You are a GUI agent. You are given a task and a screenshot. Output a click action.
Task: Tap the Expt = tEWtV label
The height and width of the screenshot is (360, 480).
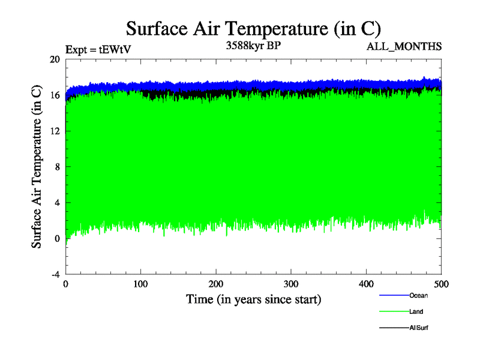click(x=97, y=50)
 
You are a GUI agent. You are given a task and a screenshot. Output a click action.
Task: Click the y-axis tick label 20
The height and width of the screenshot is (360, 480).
click(x=55, y=59)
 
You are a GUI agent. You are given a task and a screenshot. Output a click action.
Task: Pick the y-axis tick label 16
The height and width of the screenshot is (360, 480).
click(x=55, y=95)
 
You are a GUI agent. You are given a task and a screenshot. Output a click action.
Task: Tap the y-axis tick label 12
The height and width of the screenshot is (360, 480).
click(x=55, y=131)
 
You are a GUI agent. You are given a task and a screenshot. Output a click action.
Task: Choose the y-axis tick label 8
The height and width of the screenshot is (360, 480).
click(x=57, y=167)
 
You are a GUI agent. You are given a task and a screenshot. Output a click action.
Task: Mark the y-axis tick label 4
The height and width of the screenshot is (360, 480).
click(x=57, y=203)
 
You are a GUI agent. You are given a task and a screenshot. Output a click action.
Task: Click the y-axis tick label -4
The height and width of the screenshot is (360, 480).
click(x=55, y=274)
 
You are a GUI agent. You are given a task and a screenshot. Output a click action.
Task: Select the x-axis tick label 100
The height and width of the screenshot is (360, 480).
click(x=141, y=284)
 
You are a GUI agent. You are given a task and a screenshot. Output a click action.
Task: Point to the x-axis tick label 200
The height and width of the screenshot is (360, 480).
click(x=216, y=284)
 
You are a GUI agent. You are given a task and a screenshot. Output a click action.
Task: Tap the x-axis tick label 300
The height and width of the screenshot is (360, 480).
click(x=291, y=284)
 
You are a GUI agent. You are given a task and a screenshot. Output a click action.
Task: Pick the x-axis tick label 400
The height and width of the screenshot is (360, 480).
click(x=366, y=284)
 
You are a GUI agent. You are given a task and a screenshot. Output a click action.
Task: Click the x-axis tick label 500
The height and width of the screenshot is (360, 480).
click(x=441, y=284)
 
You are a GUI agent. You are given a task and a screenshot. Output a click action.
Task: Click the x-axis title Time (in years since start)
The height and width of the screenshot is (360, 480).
click(x=253, y=299)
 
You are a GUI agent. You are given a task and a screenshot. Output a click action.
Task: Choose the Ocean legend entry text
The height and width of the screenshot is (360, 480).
click(x=418, y=295)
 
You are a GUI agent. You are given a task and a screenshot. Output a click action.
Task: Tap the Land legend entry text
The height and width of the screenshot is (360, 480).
click(x=416, y=311)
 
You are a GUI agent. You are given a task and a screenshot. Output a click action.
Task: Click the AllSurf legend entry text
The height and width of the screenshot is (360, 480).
click(x=419, y=328)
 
